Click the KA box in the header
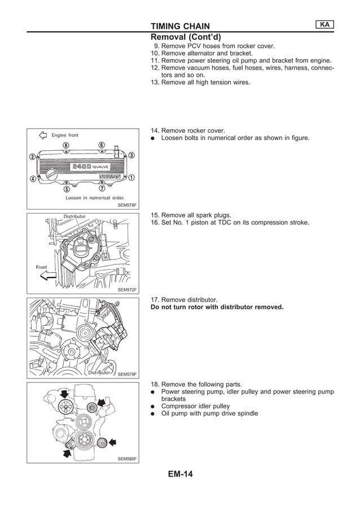[324, 24]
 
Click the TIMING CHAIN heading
[180, 26]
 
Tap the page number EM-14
[180, 474]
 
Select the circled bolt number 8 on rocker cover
[67, 146]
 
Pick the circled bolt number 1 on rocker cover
[131, 177]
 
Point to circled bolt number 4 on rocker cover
[33, 179]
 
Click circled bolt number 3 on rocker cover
[131, 155]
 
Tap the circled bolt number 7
[102, 188]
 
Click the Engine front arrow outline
[42, 136]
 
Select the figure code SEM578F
[127, 206]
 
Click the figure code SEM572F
[127, 290]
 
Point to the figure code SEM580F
[127, 459]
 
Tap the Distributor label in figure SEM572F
[74, 216]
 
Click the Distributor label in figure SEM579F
[99, 373]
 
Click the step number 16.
[155, 223]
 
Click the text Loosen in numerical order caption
[95, 198]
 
